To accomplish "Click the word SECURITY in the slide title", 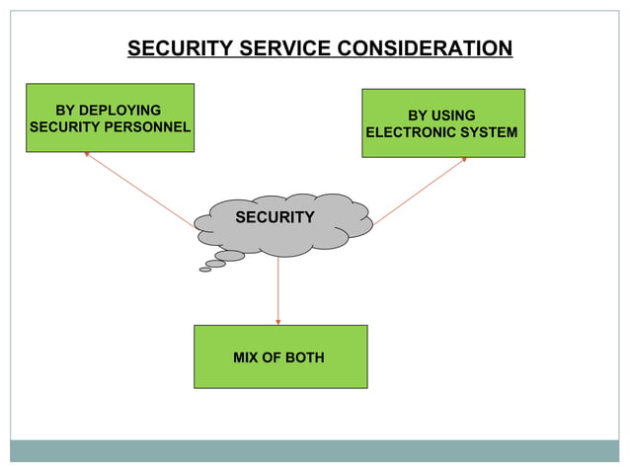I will (173, 48).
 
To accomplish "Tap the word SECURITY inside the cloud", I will (275, 217).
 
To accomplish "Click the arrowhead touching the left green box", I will (87, 154).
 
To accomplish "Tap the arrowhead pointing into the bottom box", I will (278, 321).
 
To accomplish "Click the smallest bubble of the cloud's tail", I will (205, 270).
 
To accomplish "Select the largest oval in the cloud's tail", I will (230, 256).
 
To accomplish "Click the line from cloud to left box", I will (140, 192).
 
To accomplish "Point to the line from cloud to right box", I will (419, 192).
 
